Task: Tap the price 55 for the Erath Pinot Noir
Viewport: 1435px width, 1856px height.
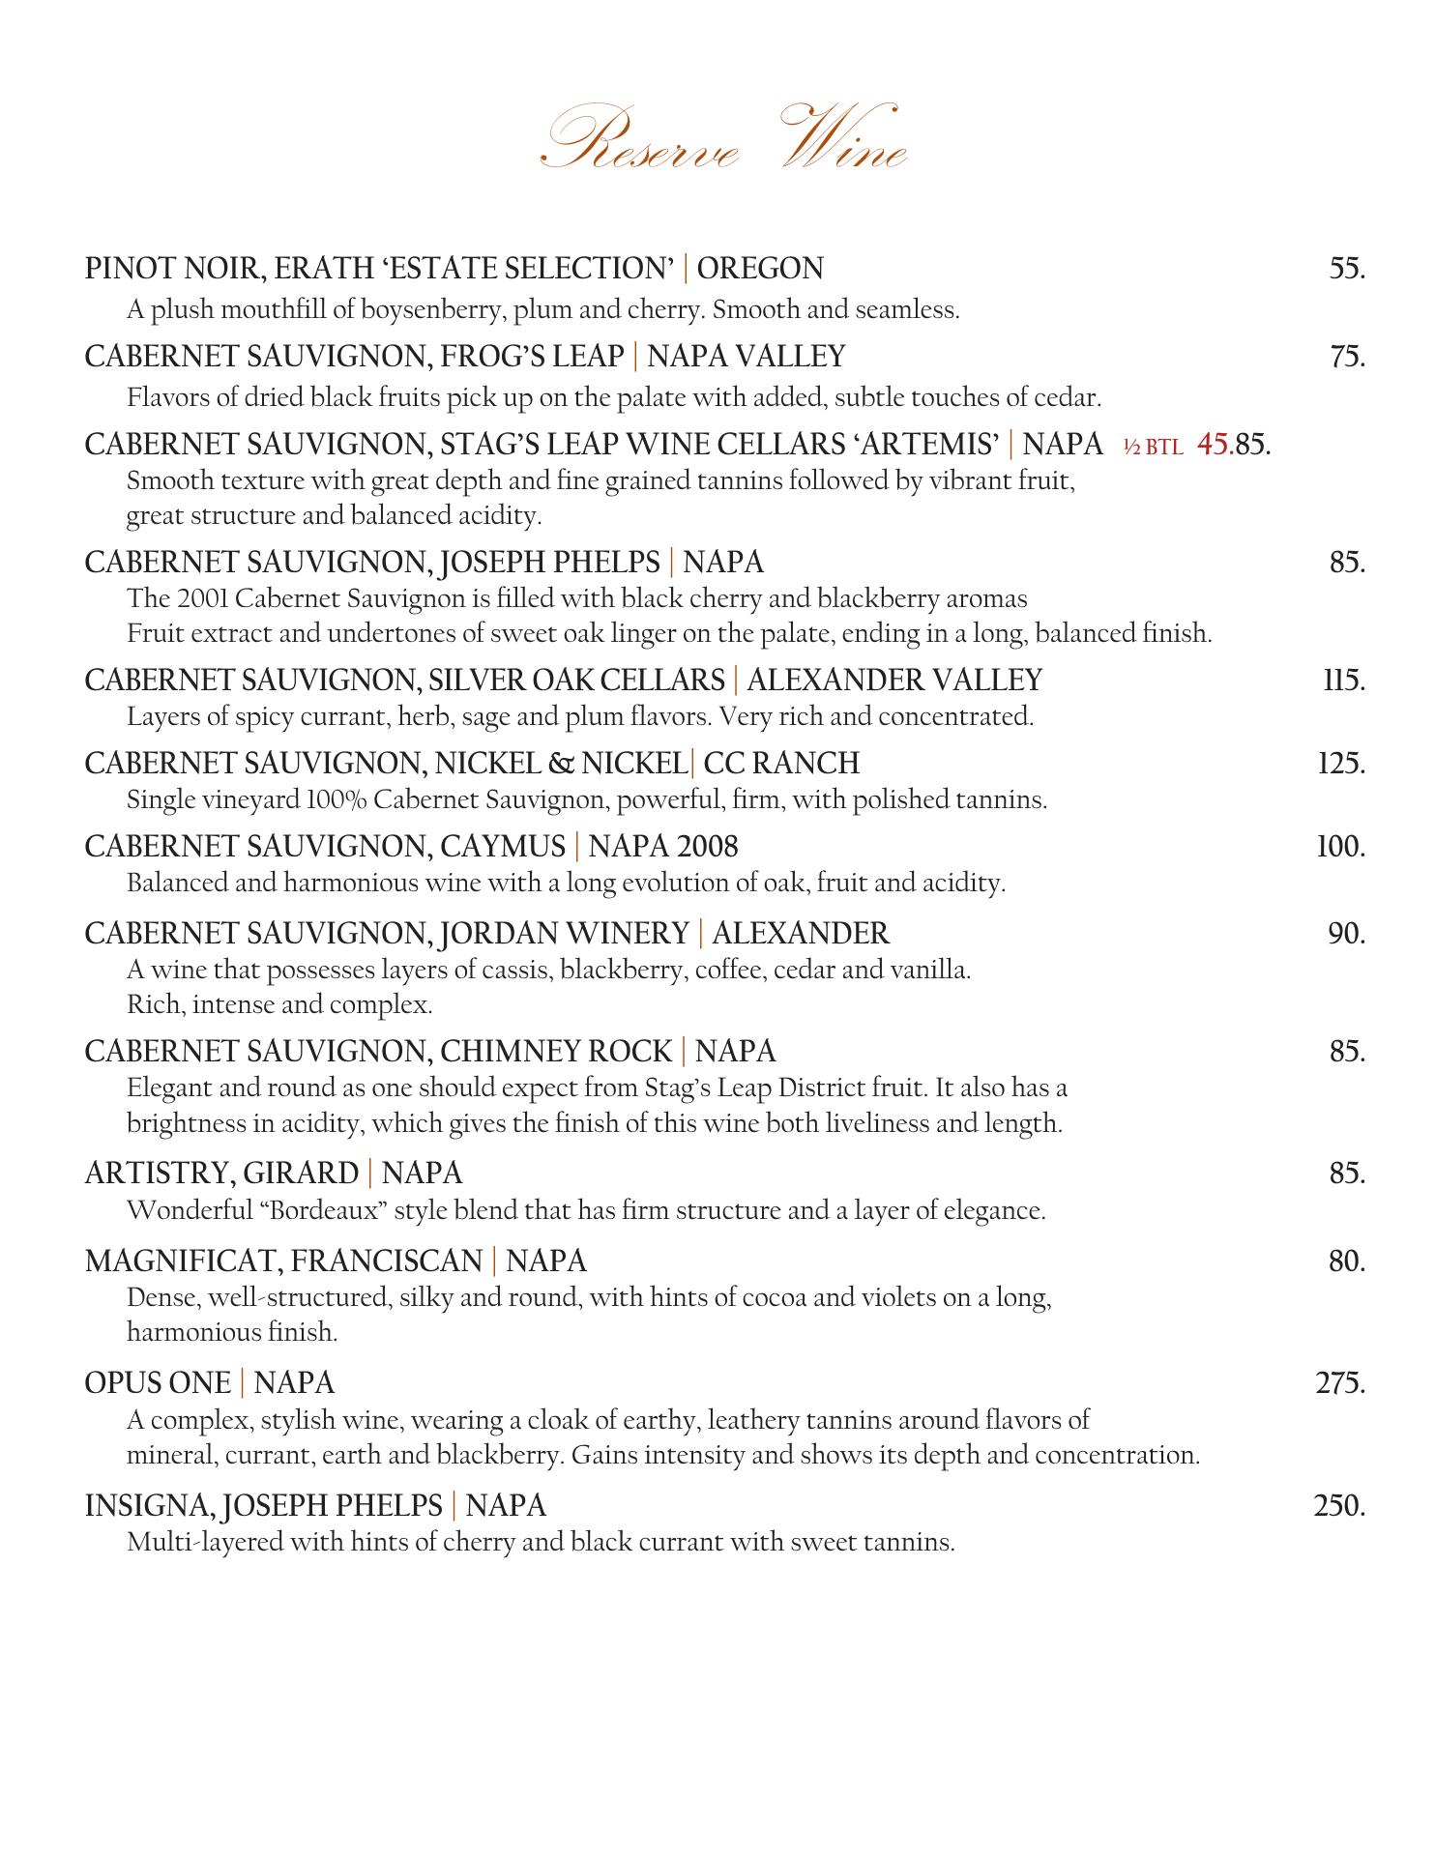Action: point(1346,268)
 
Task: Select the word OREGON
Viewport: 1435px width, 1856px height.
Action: point(760,268)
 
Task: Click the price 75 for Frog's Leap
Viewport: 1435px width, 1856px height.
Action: point(1346,357)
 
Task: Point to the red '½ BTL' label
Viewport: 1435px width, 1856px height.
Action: point(1153,447)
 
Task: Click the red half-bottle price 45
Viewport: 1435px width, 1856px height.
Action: point(1215,444)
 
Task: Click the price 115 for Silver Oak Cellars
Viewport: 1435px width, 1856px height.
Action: point(1344,681)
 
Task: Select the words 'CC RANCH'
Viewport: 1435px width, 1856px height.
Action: point(781,764)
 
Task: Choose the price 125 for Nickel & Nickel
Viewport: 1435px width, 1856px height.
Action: point(1342,764)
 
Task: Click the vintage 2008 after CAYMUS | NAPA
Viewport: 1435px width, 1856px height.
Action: point(708,847)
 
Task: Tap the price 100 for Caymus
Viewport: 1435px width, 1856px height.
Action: point(1341,847)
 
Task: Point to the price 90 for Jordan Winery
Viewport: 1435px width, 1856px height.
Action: point(1346,934)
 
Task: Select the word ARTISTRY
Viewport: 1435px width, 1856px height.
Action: point(158,1174)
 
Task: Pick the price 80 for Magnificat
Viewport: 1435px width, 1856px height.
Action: point(1346,1261)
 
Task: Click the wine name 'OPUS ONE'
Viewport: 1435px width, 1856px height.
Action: point(158,1383)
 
